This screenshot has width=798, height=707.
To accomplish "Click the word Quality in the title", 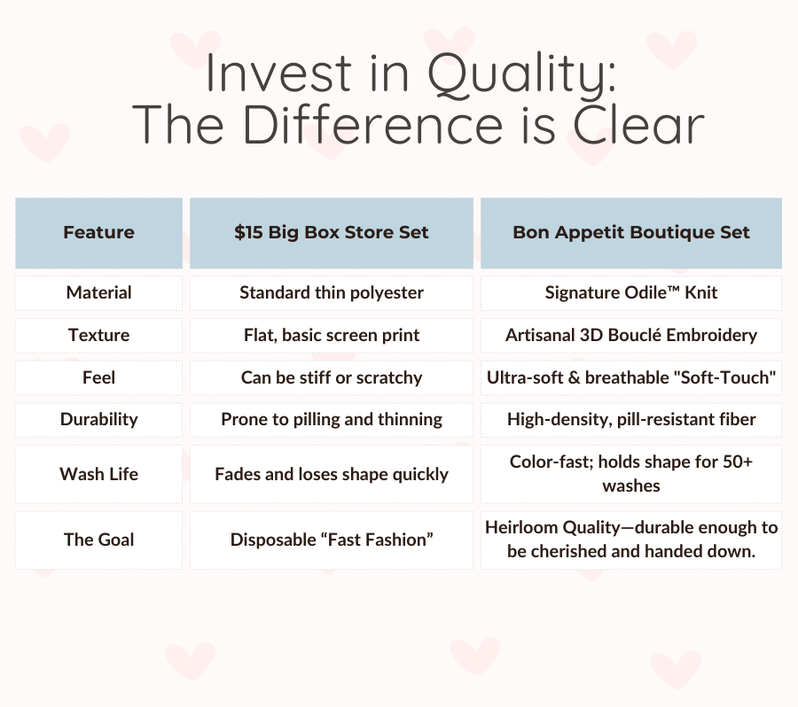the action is (x=521, y=74).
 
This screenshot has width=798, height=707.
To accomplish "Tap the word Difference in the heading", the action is (x=373, y=125).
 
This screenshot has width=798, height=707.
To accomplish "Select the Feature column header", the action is (x=98, y=232).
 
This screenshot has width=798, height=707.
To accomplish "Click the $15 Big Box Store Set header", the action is (x=332, y=232).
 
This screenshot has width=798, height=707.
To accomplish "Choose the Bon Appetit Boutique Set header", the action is (x=631, y=232).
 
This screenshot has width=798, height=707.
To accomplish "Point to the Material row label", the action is (x=98, y=293).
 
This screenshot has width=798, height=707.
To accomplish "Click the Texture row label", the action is (x=98, y=335).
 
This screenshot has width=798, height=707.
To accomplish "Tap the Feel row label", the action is (x=98, y=378).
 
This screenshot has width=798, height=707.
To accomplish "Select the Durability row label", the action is (x=98, y=420).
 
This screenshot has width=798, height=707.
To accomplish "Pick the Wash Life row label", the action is (x=98, y=474).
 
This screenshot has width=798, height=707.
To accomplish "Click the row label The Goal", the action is (x=98, y=540).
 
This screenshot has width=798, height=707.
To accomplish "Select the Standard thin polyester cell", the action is (x=332, y=293).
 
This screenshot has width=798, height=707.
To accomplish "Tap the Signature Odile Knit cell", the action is (x=631, y=293).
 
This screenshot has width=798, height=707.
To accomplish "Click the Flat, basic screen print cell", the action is (x=332, y=335).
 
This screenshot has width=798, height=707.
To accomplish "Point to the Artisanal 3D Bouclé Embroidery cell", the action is (x=631, y=335).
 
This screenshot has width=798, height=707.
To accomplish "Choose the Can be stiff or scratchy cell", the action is (x=332, y=378).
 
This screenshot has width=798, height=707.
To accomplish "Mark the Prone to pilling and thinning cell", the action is (x=332, y=420).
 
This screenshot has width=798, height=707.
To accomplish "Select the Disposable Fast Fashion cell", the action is (x=332, y=540).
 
